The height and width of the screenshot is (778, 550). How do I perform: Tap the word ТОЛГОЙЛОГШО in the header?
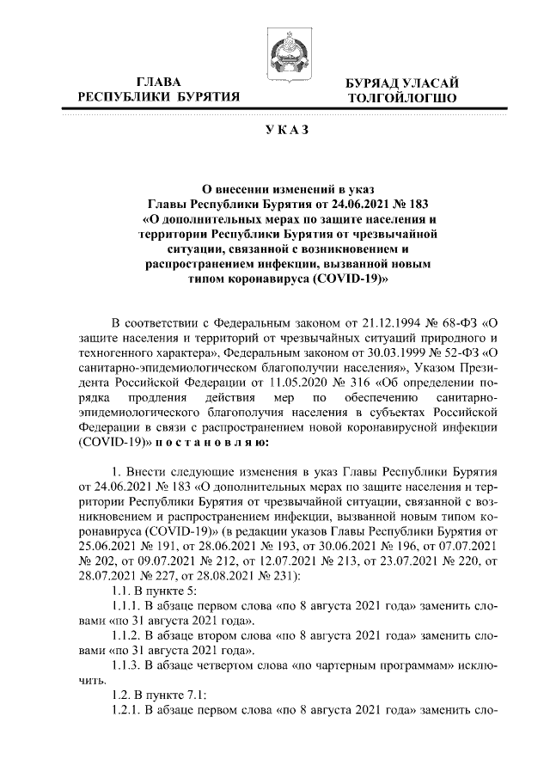[x=396, y=99]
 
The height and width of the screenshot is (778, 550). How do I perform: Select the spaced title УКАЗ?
[x=277, y=130]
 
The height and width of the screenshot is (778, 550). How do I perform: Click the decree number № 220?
[x=456, y=559]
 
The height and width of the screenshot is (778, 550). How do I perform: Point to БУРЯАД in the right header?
[x=370, y=83]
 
